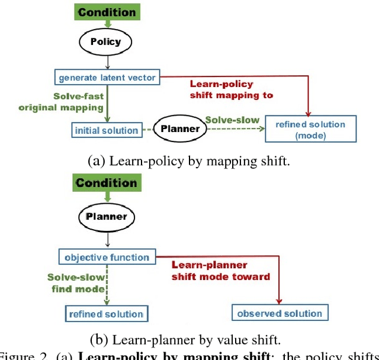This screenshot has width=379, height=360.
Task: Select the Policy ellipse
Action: coord(105,42)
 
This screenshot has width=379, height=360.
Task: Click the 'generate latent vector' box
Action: coord(107,77)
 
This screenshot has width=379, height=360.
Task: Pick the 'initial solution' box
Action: coord(106,130)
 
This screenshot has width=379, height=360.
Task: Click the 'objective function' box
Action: coord(107,258)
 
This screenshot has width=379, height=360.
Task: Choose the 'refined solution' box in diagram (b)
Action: coord(106,313)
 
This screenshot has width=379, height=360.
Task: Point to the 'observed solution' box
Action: coord(280,313)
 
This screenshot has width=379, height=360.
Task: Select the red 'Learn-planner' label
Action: coord(208,265)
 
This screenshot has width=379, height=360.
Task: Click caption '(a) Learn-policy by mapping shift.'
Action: coord(189,160)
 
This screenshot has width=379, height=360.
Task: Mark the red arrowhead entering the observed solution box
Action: coord(280,301)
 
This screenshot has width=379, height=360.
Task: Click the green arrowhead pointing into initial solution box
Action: coord(107,120)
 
